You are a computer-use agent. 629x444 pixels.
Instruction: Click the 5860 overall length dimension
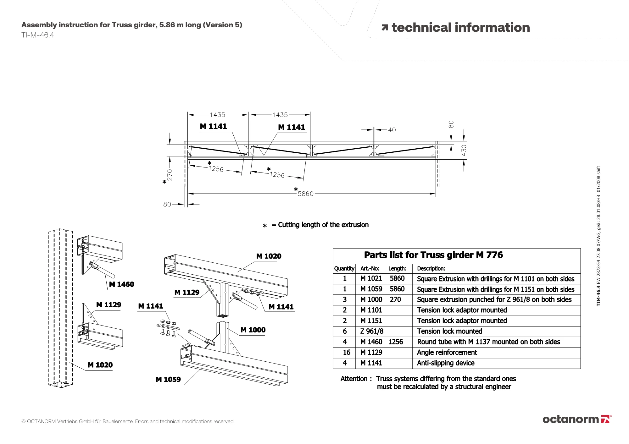305,194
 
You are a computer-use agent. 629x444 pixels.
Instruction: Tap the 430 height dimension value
464,150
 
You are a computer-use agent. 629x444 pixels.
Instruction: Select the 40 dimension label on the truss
392,130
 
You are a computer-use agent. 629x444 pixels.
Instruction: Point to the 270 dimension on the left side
170,175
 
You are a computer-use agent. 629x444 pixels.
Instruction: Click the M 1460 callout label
121,284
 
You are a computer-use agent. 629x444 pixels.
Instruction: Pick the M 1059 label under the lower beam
168,379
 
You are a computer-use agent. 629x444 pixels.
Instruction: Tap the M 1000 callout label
253,330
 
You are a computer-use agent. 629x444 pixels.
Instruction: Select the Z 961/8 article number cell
372,331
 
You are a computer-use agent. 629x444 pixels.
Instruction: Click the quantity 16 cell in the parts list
346,352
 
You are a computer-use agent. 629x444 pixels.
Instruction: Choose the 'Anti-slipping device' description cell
446,363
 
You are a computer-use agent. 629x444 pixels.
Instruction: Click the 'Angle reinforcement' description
447,352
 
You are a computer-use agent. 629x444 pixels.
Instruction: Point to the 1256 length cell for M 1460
396,342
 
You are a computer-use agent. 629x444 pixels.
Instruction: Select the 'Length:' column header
397,269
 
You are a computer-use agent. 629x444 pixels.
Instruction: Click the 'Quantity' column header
344,269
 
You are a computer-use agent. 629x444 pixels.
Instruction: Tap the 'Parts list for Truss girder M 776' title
433,255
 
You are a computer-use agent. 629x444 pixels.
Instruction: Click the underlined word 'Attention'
354,379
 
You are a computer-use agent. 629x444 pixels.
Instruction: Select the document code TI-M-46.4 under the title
38,35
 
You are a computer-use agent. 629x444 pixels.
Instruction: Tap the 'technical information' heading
460,28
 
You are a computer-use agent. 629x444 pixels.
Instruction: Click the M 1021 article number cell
371,278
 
